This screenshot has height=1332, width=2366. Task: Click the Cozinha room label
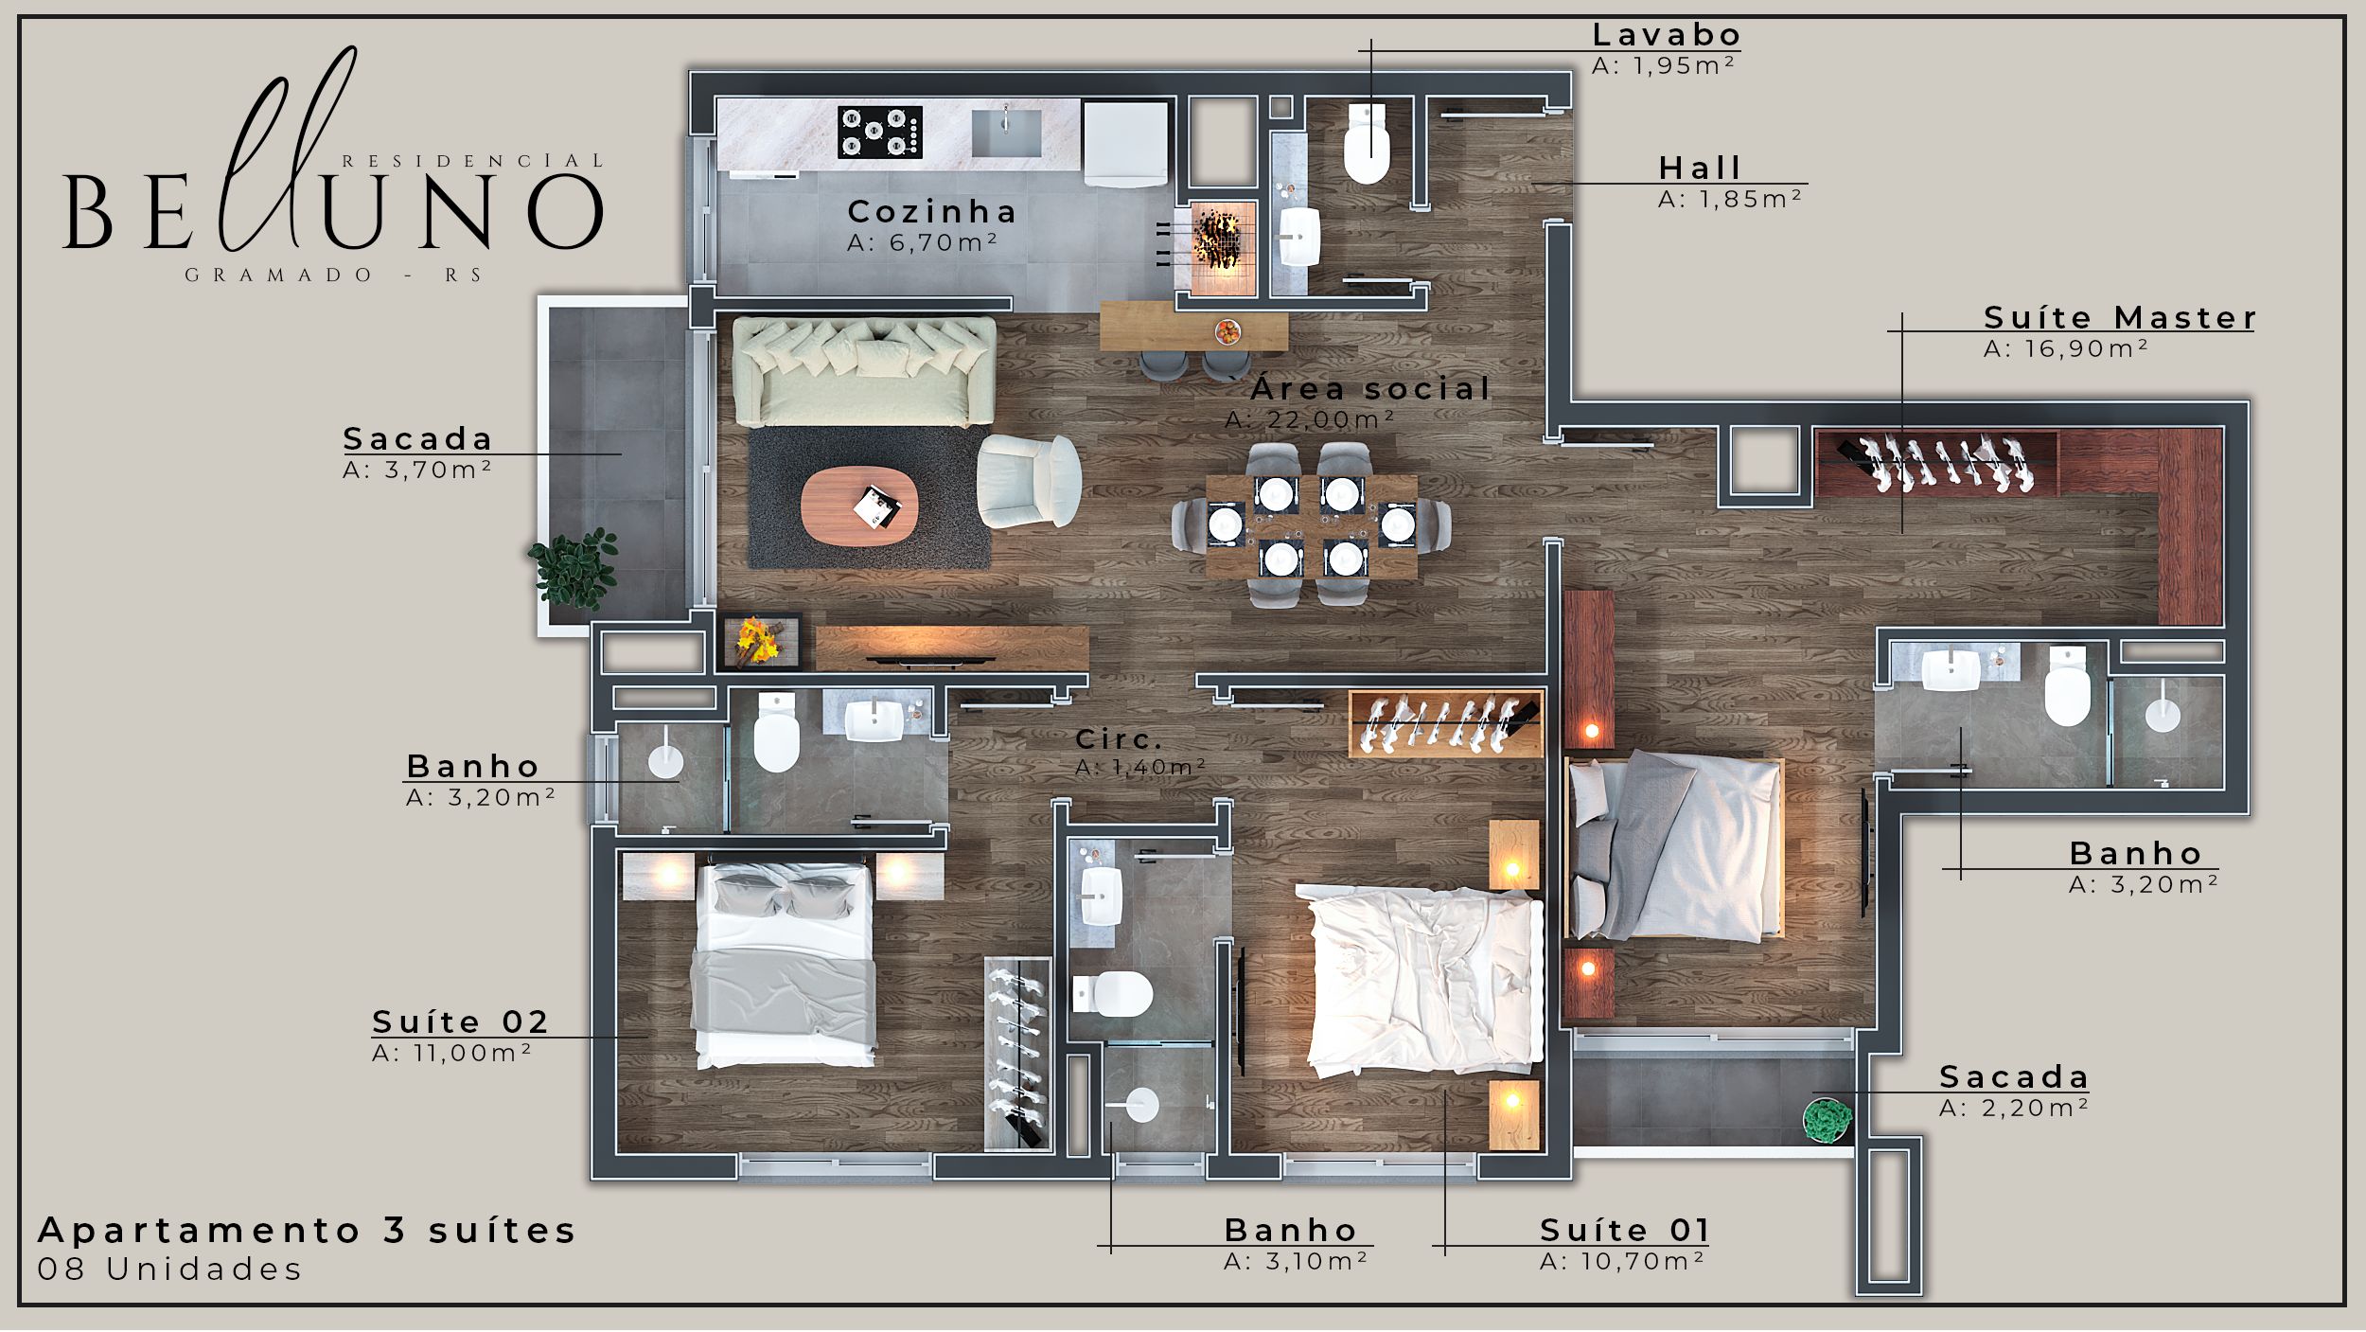931,211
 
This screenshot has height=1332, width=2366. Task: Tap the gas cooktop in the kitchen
879,132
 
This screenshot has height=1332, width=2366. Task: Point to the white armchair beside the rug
1029,481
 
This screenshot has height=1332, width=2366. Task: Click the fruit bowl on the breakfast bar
1227,331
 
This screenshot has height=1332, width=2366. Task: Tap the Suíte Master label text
2120,317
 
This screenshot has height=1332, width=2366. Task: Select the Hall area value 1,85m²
1729,199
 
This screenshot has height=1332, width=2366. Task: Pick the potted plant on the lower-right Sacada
1827,1121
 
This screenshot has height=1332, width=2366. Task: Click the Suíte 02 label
460,1021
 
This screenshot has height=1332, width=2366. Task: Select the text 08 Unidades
169,1269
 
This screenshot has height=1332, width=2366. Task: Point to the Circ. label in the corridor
1119,738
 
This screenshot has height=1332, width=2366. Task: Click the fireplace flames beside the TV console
757,641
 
